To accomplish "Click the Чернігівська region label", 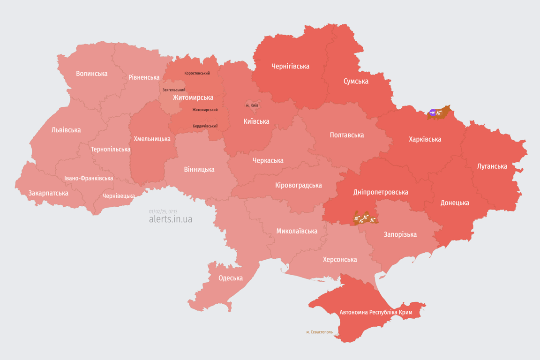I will (290, 67).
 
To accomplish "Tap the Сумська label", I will (356, 82).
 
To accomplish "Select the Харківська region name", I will (425, 139).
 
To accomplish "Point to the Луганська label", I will (492, 166).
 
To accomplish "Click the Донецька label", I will (454, 203).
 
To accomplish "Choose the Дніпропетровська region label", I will (380, 192).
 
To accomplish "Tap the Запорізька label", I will (400, 234).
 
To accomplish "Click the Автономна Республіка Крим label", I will (375, 312).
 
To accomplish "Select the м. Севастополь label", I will (319, 332).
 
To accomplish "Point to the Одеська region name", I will (231, 278).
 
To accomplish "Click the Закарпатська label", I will (48, 193).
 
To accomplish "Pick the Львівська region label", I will (66, 130).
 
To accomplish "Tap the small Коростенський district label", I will (197, 73).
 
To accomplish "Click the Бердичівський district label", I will (205, 126).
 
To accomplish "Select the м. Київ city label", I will (252, 105).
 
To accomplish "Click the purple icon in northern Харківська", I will (433, 112).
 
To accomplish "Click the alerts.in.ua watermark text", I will (170, 219).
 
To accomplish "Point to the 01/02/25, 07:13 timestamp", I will (163, 211).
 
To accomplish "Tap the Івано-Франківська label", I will (89, 179).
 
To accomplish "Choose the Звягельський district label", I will (174, 90).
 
